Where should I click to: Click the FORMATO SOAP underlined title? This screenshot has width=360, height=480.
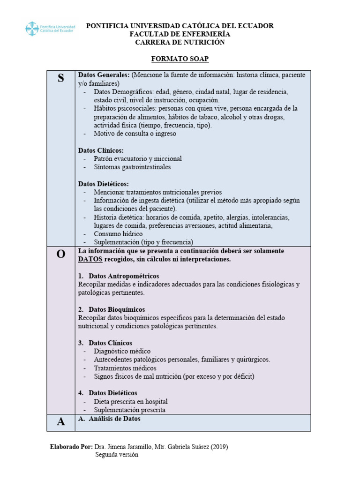pos(180,59)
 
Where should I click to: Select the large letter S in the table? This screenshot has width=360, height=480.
pos(60,79)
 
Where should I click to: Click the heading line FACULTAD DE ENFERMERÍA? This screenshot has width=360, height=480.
pos(180,34)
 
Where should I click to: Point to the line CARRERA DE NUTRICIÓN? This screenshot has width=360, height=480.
pos(180,42)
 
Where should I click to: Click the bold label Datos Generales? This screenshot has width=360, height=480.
pos(104,75)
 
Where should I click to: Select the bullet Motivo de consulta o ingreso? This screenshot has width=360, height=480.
pos(135,134)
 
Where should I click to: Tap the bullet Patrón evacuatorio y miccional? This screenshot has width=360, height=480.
pos(137,159)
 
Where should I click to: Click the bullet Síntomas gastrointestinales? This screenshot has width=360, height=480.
pos(132,167)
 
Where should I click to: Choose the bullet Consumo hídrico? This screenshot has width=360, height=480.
pos(118,234)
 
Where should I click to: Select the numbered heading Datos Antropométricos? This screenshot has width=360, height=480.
pos(123,276)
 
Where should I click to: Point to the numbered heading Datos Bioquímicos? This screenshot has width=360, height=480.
pos(116,309)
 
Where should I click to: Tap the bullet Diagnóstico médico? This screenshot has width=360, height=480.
pos(122,351)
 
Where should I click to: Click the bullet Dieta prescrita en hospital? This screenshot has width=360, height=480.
pos(130,402)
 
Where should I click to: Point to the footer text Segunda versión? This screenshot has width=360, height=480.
pos(117,455)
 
